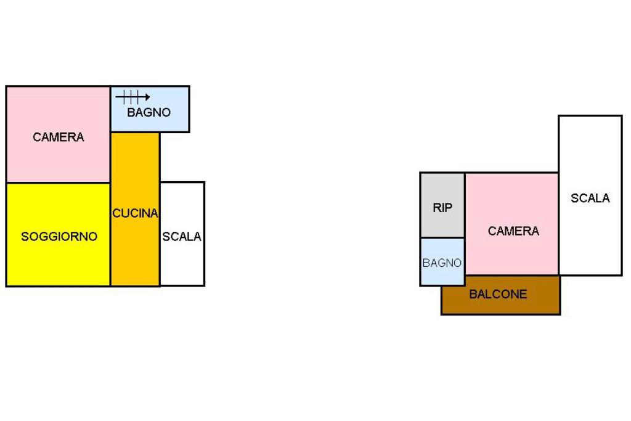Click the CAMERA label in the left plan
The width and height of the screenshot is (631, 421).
click(x=59, y=137)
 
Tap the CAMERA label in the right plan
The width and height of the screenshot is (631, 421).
click(x=513, y=231)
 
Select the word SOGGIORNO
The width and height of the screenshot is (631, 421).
click(x=59, y=236)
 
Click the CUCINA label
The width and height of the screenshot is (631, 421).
click(x=135, y=213)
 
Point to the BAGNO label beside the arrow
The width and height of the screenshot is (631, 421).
click(x=149, y=112)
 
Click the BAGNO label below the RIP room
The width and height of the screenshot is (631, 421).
click(x=442, y=263)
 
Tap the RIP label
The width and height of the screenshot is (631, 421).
click(x=442, y=208)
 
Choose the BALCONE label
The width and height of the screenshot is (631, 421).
click(x=498, y=294)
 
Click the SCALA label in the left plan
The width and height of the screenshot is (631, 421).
click(x=182, y=236)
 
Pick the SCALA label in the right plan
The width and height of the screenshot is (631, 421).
click(x=590, y=198)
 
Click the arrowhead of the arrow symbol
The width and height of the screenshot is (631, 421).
click(x=148, y=97)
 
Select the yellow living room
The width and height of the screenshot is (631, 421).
click(x=59, y=235)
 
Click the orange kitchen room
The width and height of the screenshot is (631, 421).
click(x=135, y=210)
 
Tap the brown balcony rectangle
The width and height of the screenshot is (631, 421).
click(x=500, y=295)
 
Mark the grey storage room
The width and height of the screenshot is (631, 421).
click(x=442, y=205)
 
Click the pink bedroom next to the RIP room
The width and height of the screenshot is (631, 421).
click(x=512, y=224)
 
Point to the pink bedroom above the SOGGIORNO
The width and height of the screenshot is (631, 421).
click(x=59, y=134)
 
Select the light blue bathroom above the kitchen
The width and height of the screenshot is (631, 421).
click(x=150, y=109)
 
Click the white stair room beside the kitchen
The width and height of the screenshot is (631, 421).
click(x=182, y=234)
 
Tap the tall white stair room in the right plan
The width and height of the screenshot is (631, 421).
click(x=590, y=195)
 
